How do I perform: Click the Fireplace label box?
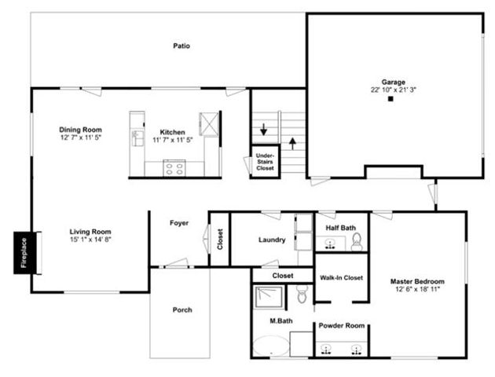[23, 253]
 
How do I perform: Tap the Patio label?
[181, 46]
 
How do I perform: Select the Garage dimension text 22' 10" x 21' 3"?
[394, 90]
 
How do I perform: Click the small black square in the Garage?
[390, 100]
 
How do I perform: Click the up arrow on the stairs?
[294, 144]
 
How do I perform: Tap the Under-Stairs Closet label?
[266, 162]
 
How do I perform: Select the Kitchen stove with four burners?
[174, 167]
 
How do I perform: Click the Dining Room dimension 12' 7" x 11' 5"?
[81, 137]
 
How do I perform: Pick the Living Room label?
[90, 232]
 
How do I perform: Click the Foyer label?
[179, 223]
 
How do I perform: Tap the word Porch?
[181, 309]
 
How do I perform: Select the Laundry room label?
[272, 239]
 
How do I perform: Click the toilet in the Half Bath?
[357, 240]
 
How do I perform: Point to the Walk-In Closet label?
[341, 277]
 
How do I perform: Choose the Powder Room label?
[339, 326]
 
